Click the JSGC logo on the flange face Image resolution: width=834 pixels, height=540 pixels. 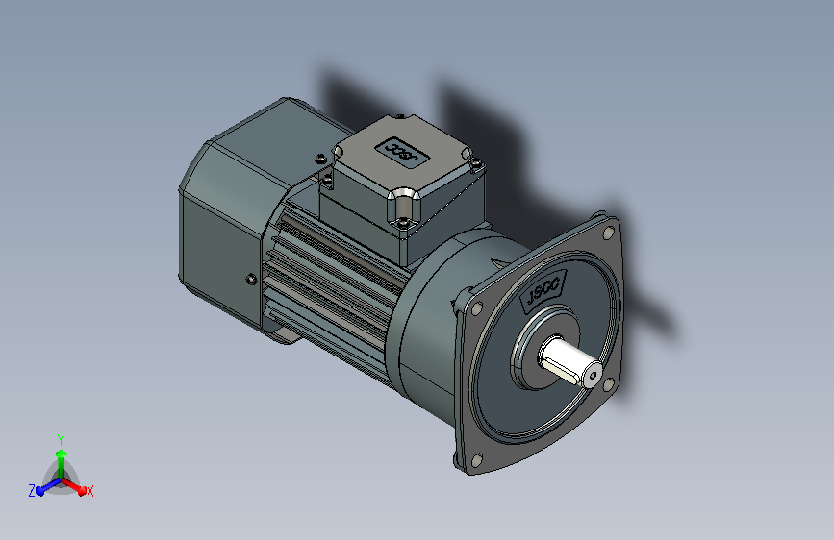[543, 290]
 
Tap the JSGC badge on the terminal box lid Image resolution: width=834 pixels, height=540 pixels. [401, 152]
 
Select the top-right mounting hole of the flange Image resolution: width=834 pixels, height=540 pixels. [608, 233]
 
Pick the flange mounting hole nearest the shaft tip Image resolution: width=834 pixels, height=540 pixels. [609, 383]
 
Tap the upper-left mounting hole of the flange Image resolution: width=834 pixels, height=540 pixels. [476, 307]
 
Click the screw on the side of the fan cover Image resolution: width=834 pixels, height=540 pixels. [251, 279]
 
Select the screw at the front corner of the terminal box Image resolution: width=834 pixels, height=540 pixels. [403, 221]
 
